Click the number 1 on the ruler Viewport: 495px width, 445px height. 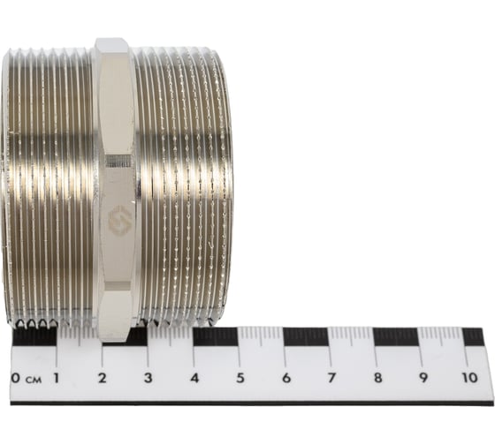(57, 378)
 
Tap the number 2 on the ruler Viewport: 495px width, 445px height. (102, 378)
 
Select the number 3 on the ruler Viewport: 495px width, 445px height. (148, 378)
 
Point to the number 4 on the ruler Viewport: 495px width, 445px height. (194, 378)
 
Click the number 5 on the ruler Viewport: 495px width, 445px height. (240, 378)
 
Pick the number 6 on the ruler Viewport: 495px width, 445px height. (286, 378)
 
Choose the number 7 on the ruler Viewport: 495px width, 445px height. (331, 378)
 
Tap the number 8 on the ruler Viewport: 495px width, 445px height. (377, 378)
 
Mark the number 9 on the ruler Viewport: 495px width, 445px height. (423, 378)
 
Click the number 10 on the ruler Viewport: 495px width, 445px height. (469, 378)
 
